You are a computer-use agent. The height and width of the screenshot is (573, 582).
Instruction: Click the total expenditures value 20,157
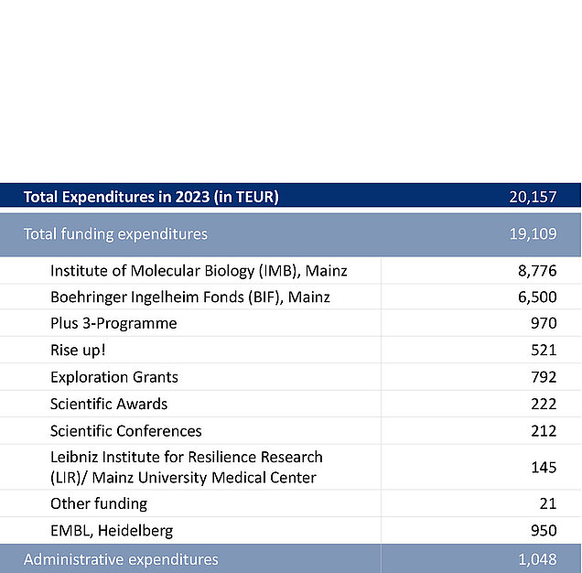(x=533, y=197)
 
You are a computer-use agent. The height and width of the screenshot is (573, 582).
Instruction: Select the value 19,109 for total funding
(x=533, y=234)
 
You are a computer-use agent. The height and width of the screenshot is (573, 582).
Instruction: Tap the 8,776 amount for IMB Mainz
(x=537, y=271)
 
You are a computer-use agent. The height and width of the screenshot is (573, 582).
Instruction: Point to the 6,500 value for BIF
(x=537, y=297)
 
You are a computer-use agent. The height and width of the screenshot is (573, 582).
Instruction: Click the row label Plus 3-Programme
(x=113, y=323)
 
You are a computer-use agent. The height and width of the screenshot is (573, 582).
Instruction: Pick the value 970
(x=544, y=323)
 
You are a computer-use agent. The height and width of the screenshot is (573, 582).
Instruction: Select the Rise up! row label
(x=78, y=351)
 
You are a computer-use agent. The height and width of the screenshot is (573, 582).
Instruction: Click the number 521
(x=544, y=351)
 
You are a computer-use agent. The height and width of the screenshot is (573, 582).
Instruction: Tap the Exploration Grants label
(x=114, y=377)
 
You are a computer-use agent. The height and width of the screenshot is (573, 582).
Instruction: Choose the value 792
(x=544, y=377)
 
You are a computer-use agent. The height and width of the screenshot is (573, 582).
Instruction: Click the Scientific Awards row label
(x=109, y=404)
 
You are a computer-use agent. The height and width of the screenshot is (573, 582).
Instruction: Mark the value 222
(x=544, y=404)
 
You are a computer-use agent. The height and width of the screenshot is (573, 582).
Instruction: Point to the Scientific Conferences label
(x=126, y=431)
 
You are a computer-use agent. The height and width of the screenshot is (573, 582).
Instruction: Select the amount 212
(x=544, y=431)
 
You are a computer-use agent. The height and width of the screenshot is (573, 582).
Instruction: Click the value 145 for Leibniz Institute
(x=544, y=467)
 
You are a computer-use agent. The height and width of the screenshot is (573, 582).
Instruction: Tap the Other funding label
(x=99, y=504)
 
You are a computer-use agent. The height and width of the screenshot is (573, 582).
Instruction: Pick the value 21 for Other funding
(x=548, y=504)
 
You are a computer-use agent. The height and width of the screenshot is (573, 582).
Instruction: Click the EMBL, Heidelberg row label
(x=112, y=531)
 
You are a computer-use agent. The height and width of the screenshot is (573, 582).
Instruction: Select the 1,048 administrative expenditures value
(x=537, y=559)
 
